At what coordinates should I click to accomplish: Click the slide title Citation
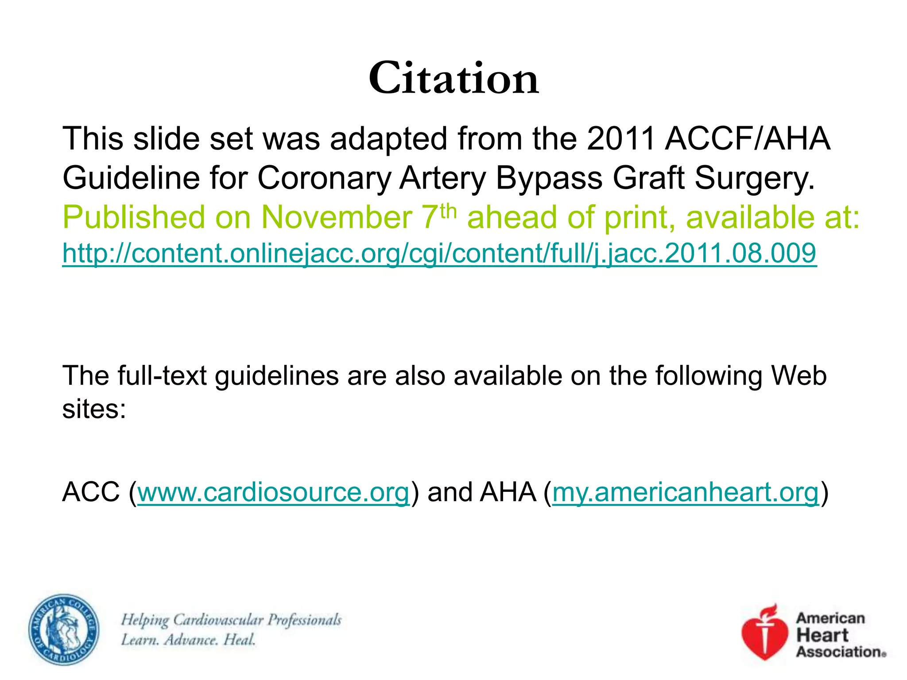click(x=453, y=78)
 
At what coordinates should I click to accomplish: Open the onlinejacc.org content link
click(x=439, y=254)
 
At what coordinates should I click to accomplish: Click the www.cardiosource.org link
click(x=273, y=492)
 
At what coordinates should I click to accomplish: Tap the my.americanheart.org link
click(x=685, y=492)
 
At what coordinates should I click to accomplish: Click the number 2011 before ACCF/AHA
click(x=621, y=139)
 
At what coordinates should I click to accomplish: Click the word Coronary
click(x=324, y=178)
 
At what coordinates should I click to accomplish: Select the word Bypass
click(x=549, y=178)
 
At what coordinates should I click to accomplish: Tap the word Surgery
click(x=754, y=178)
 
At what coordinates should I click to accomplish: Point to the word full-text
click(x=162, y=376)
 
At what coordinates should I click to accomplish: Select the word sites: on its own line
click(x=94, y=409)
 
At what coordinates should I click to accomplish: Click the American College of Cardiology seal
click(x=64, y=630)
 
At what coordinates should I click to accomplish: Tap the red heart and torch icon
click(x=765, y=632)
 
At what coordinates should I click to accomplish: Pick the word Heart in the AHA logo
click(x=822, y=635)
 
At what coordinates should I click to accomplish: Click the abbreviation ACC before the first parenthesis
click(x=91, y=492)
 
